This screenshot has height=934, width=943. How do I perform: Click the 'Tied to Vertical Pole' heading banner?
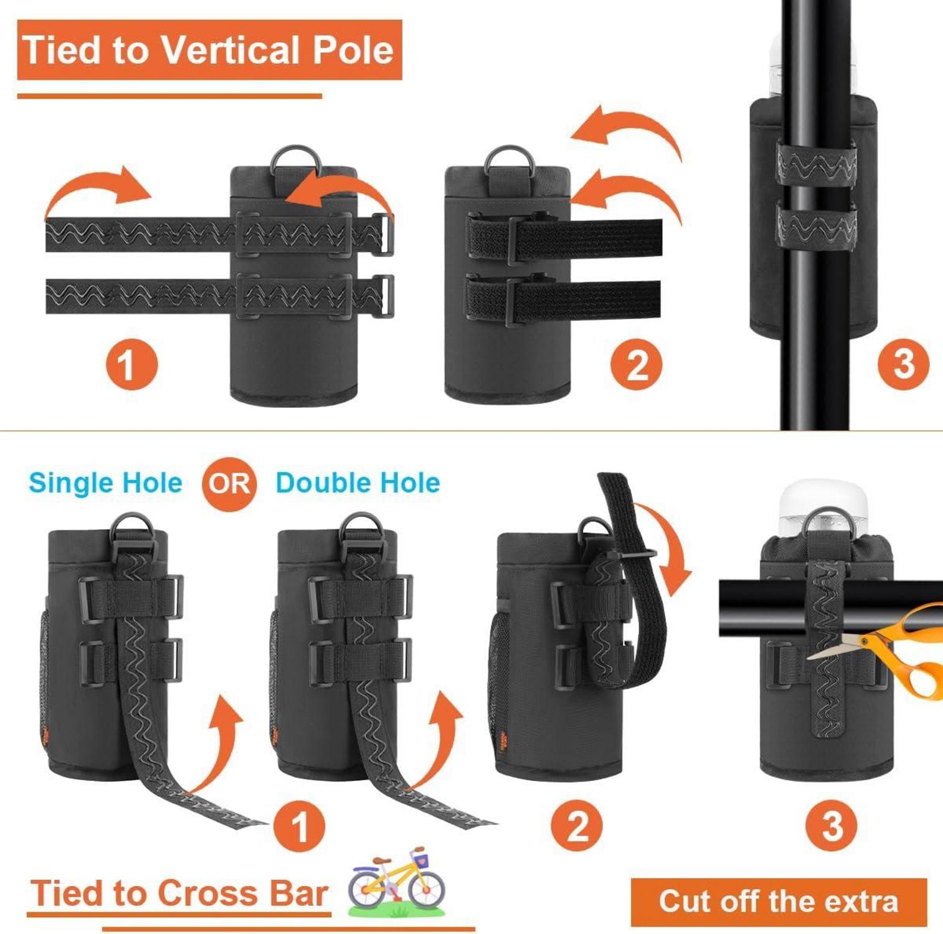tap(209, 50)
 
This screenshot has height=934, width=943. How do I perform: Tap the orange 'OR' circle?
tap(229, 484)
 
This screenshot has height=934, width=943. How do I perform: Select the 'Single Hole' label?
tap(106, 483)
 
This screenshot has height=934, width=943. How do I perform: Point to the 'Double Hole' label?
tap(358, 483)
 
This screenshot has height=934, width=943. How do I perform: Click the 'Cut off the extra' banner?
tap(779, 902)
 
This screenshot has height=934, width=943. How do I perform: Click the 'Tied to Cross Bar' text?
tap(179, 894)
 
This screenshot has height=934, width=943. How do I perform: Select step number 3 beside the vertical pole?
tap(903, 364)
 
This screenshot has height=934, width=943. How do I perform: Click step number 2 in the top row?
tap(637, 364)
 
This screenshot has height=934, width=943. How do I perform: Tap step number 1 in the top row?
tap(131, 364)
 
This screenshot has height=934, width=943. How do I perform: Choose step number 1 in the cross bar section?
tap(300, 826)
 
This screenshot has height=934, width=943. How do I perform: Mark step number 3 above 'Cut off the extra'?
tap(832, 826)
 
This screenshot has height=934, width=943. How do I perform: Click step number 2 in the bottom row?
tap(577, 826)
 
